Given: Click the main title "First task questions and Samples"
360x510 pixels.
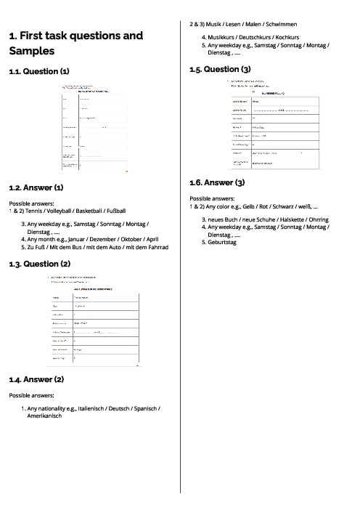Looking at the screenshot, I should (75, 44).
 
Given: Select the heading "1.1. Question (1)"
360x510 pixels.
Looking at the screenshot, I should (39, 72).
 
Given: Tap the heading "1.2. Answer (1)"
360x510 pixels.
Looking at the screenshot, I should (36, 187).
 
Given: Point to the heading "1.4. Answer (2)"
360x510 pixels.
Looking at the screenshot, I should (36, 379).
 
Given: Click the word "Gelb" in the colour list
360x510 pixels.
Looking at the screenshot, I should (256, 206).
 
